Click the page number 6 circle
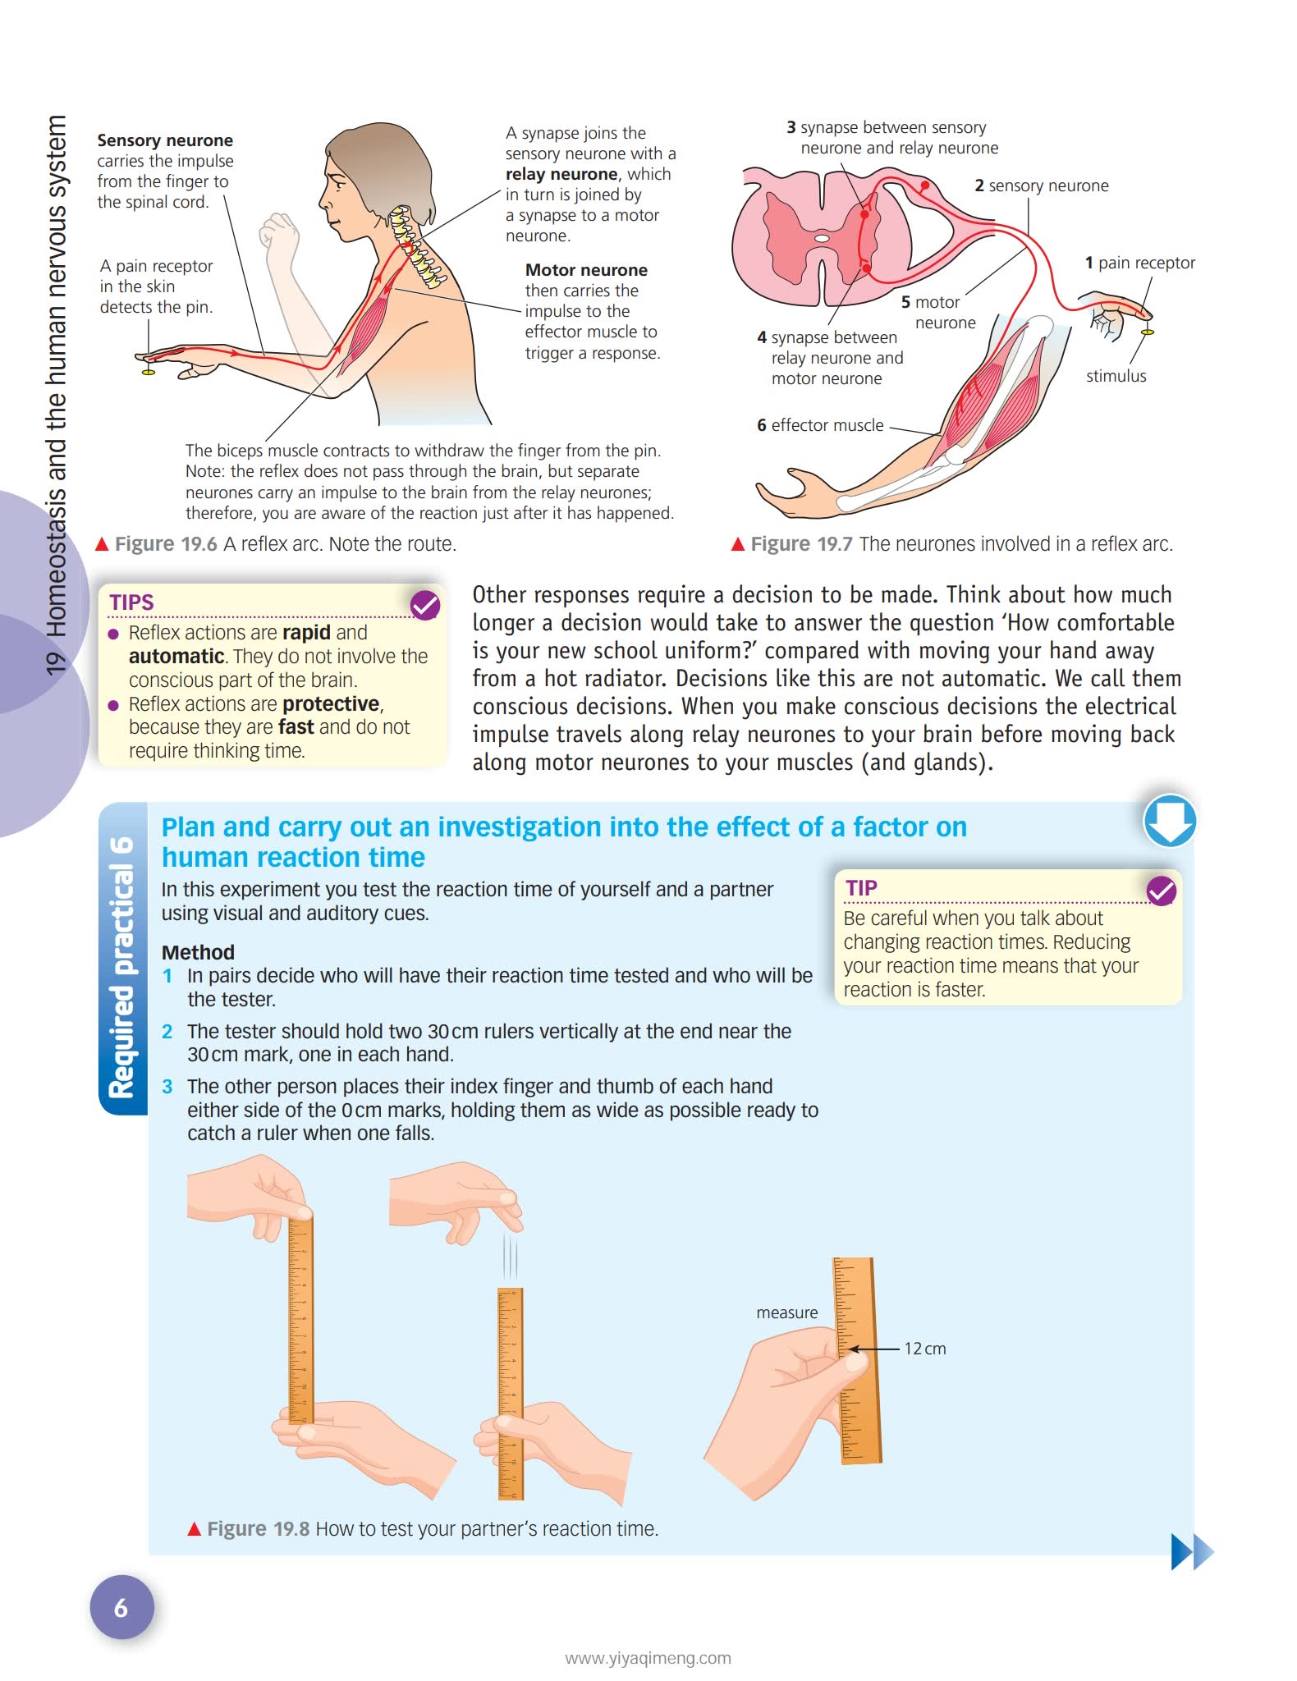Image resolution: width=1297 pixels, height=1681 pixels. (121, 1607)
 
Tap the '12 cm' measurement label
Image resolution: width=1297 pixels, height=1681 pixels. (924, 1349)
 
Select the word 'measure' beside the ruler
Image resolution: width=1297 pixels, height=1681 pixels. (786, 1312)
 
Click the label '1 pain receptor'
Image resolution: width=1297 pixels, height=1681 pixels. (1139, 263)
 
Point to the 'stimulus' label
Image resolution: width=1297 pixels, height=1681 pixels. (1116, 376)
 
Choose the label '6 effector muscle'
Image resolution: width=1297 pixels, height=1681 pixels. (820, 425)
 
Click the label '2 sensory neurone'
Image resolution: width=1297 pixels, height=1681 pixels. (1041, 186)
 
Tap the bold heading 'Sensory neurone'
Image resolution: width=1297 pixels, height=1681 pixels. (165, 140)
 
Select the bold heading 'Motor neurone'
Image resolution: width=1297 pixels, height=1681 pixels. (586, 270)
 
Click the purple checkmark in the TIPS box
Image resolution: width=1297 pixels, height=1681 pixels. (425, 606)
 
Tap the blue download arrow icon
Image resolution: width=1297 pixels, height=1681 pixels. (1169, 820)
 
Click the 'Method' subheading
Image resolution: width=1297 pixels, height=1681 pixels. (198, 952)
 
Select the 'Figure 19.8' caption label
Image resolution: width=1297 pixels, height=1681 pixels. (258, 1528)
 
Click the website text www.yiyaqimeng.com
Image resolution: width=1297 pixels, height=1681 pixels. (648, 1658)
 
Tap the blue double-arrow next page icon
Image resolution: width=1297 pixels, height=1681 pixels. (1191, 1551)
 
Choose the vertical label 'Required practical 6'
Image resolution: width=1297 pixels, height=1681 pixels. (122, 967)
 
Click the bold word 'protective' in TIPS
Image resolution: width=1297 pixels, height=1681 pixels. (331, 704)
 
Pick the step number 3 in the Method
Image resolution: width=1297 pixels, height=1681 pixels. (167, 1087)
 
